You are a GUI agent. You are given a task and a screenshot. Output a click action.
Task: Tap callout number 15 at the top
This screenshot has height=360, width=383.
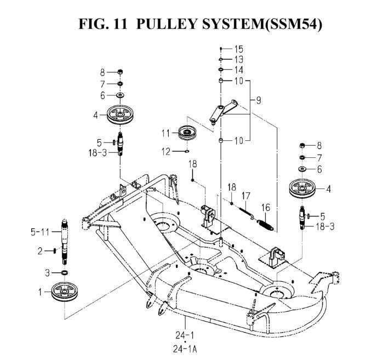pos(239,49)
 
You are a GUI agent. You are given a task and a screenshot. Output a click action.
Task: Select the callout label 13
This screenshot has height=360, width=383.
pos(239,59)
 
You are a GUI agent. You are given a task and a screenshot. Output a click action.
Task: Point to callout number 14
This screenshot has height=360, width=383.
pos(239,70)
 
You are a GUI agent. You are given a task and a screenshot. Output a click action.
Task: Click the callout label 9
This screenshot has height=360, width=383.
pos(259,100)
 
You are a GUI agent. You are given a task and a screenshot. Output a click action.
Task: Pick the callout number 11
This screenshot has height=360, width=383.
pos(166,133)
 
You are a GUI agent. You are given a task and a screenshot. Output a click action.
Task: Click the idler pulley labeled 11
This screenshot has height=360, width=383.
pos(188,133)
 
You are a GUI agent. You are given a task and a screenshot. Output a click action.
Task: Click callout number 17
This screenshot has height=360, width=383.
pos(246,196)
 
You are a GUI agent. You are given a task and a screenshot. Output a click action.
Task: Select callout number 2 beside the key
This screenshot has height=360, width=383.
pos(39,251)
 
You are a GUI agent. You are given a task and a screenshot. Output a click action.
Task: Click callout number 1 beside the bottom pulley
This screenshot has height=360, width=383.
pos(41,293)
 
